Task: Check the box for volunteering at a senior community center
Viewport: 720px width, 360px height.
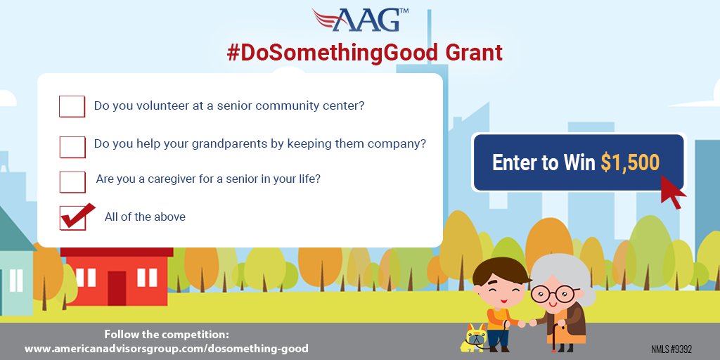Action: [72, 107]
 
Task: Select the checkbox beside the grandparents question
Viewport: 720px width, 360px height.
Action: [72, 146]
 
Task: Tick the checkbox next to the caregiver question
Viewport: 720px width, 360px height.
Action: [72, 181]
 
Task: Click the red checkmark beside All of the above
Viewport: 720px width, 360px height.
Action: [75, 216]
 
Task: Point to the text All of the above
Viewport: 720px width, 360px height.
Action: [145, 217]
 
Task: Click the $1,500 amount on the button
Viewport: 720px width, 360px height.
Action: [630, 162]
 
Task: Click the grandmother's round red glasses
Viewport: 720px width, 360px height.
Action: [551, 293]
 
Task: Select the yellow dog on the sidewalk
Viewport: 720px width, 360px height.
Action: [477, 338]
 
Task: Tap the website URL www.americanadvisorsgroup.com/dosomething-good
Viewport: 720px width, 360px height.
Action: [167, 348]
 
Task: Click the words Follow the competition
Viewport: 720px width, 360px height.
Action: [167, 334]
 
